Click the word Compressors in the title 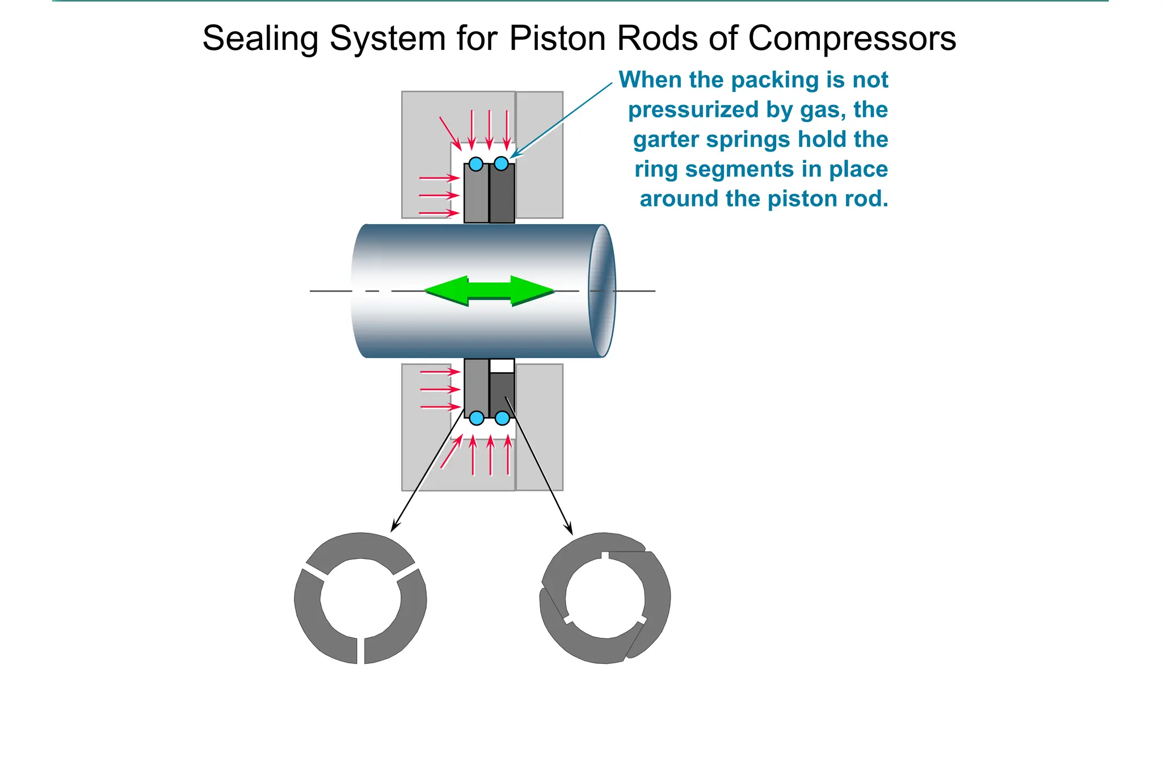coord(852,39)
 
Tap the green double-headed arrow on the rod coord(489,291)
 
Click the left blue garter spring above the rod coord(476,165)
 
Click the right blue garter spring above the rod coord(501,164)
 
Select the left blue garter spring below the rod coord(477,418)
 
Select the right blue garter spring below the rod coord(502,418)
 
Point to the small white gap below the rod coord(502,366)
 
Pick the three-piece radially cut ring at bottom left coord(360,599)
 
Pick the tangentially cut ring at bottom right coord(605,599)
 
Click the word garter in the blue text coord(666,140)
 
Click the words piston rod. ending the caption coord(828,199)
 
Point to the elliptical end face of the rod coord(602,291)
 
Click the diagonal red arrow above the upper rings coord(450,133)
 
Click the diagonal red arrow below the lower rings coord(451,452)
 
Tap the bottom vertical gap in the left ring coord(361,650)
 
